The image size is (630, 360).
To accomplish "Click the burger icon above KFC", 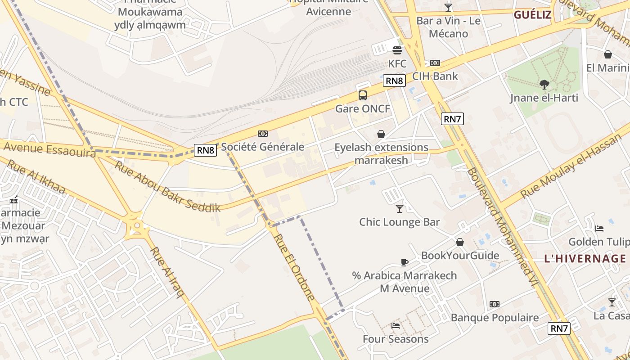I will pyautogui.click(x=397, y=50).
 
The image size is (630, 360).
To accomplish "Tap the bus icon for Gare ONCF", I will pyautogui.click(x=363, y=95).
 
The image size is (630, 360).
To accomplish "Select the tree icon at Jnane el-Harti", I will pyautogui.click(x=544, y=84).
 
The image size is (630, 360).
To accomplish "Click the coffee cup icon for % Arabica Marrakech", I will pyautogui.click(x=404, y=262).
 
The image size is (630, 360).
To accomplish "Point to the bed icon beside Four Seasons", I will pyautogui.click(x=396, y=325).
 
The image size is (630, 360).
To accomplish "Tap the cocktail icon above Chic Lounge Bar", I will pyautogui.click(x=399, y=208).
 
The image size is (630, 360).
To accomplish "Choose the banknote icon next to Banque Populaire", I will pyautogui.click(x=495, y=304).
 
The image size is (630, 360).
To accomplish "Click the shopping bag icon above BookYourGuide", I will pyautogui.click(x=460, y=242).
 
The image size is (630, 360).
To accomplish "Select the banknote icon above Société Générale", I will pyautogui.click(x=263, y=134).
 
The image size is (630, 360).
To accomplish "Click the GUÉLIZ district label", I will pyautogui.click(x=532, y=14).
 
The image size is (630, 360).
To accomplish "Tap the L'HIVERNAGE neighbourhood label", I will pyautogui.click(x=585, y=259).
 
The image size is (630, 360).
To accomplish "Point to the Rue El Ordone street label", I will pyautogui.click(x=294, y=267).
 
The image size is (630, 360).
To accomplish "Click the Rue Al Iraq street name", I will pyautogui.click(x=167, y=272).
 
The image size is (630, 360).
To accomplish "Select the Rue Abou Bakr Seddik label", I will pyautogui.click(x=167, y=186).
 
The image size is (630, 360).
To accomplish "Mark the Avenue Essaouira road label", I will pyautogui.click(x=49, y=150).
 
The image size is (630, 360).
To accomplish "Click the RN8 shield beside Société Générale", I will pyautogui.click(x=206, y=150).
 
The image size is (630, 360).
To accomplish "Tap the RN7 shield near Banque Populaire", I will pyautogui.click(x=559, y=328).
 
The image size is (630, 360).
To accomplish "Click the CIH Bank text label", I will pyautogui.click(x=435, y=76).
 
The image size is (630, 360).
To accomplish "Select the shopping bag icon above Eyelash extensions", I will pyautogui.click(x=381, y=134).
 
